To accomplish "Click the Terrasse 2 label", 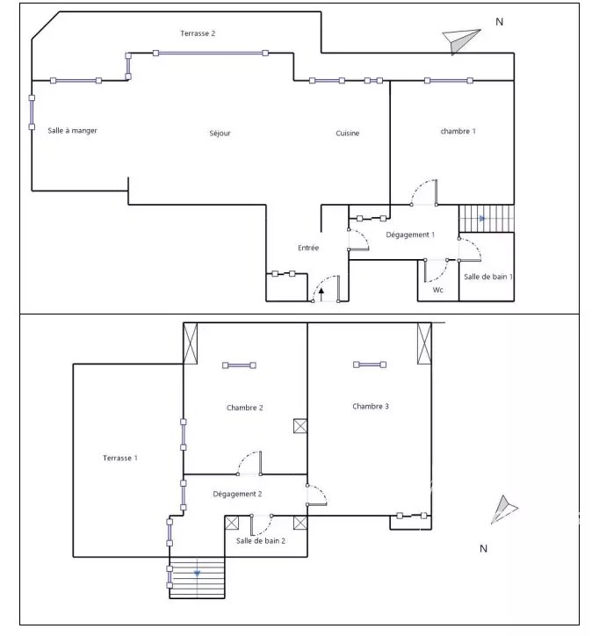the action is click(198, 33).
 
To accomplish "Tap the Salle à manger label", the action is click(73, 131).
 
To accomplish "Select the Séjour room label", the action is click(220, 133).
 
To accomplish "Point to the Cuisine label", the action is click(348, 133).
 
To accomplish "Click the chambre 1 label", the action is click(458, 131).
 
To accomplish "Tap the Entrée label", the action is click(308, 248).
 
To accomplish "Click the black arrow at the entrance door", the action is click(321, 294).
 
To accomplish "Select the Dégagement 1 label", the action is click(410, 235).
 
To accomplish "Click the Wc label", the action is click(438, 290).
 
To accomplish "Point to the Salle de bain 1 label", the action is click(488, 277).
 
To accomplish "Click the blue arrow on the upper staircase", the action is click(482, 219).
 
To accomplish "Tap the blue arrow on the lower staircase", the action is click(197, 574).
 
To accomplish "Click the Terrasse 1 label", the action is click(120, 458).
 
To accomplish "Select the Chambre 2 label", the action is click(244, 408).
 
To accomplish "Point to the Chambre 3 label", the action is click(371, 406).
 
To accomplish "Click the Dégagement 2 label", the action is click(237, 494).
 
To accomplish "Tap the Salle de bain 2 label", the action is click(261, 540).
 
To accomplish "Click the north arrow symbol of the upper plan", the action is click(460, 40).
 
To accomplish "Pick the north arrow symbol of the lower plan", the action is click(503, 510).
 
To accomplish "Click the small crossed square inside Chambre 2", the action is click(300, 426).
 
